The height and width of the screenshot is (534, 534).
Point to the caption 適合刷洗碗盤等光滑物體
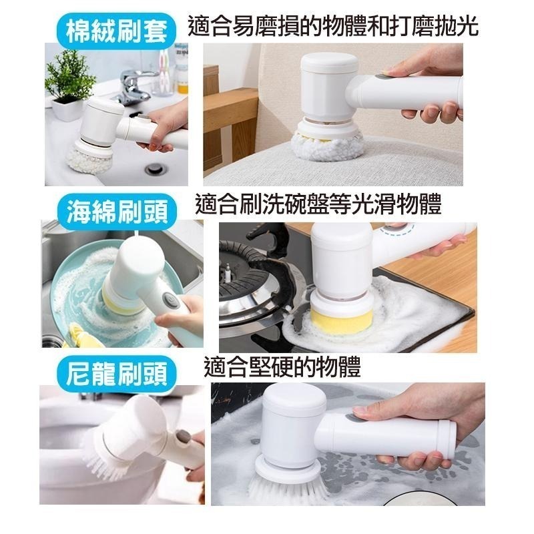[x=318, y=204]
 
